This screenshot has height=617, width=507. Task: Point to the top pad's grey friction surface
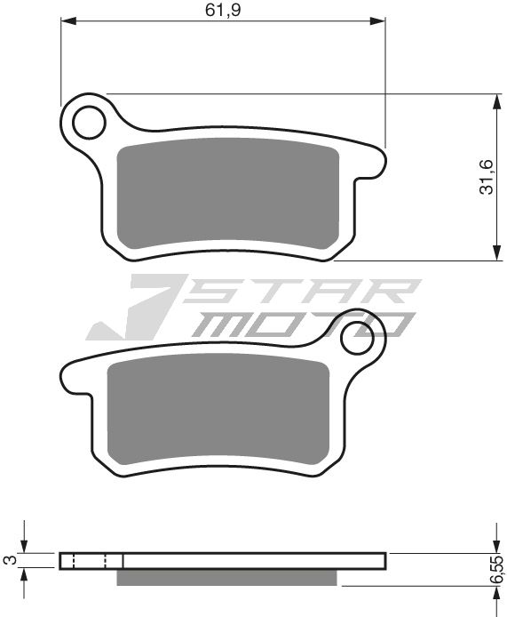pos(229,196)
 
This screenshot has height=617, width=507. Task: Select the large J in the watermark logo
pos(133,311)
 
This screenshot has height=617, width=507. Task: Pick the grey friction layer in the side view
pos(228,578)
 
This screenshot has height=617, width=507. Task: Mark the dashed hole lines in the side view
pos(89,560)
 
